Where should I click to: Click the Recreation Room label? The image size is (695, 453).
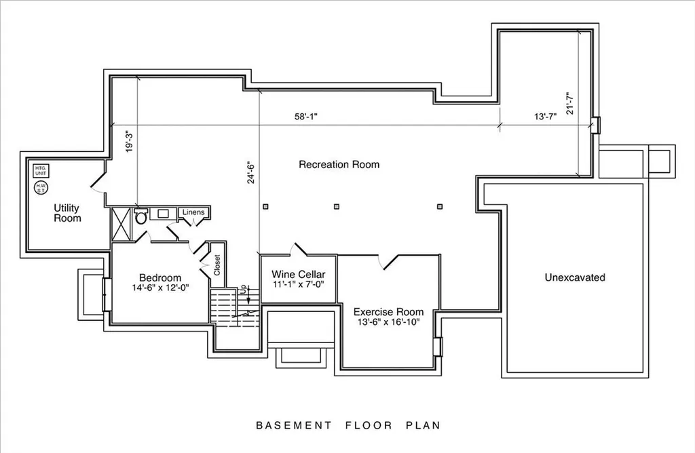pyautogui.click(x=339, y=164)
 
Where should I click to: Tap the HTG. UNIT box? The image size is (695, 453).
pyautogui.click(x=41, y=170)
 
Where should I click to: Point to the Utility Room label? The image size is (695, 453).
pyautogui.click(x=67, y=213)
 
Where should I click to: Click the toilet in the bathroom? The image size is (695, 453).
pyautogui.click(x=141, y=216)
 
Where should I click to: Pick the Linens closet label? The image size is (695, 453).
pyautogui.click(x=193, y=212)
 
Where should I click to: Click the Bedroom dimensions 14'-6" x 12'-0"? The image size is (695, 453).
pyautogui.click(x=160, y=288)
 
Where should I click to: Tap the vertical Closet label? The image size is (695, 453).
pyautogui.click(x=217, y=264)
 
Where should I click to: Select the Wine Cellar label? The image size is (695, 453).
pyautogui.click(x=299, y=274)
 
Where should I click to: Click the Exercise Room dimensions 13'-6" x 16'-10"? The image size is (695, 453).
pyautogui.click(x=388, y=322)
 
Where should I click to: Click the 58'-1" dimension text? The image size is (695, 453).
pyautogui.click(x=306, y=117)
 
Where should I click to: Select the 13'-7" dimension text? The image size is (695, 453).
pyautogui.click(x=545, y=117)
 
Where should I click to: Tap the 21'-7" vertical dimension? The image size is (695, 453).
pyautogui.click(x=570, y=103)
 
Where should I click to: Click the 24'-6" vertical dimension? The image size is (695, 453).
pyautogui.click(x=251, y=172)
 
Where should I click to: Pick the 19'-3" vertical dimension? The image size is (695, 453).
pyautogui.click(x=129, y=141)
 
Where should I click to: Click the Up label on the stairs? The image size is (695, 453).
pyautogui.click(x=243, y=289)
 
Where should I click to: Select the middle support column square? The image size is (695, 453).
pyautogui.click(x=337, y=206)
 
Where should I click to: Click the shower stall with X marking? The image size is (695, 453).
pyautogui.click(x=121, y=224)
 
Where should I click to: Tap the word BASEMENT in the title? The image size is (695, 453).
pyautogui.click(x=293, y=426)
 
